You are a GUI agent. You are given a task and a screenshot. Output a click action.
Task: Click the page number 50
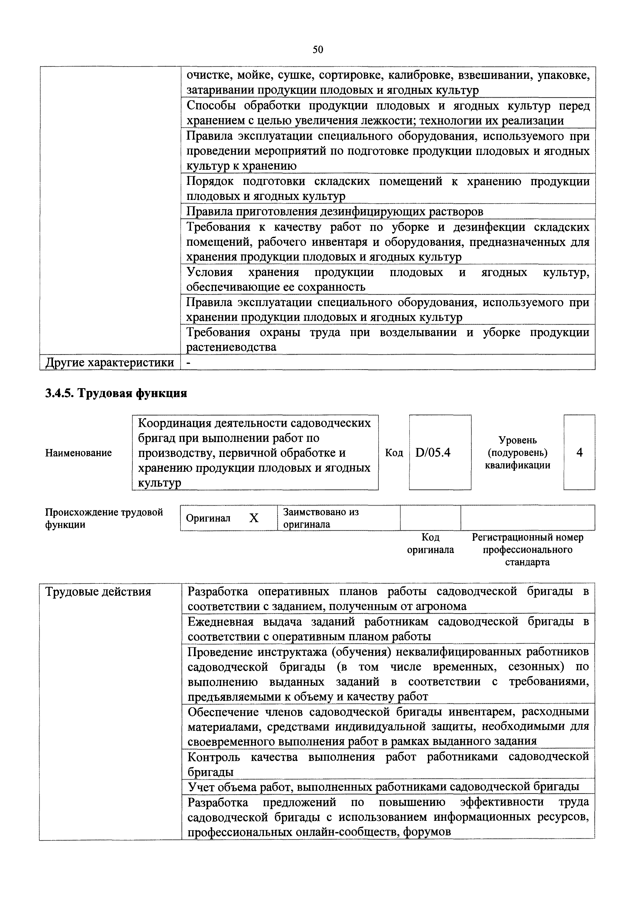tap(317, 49)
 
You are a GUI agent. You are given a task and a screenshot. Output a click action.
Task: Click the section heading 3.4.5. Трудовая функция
tap(116, 393)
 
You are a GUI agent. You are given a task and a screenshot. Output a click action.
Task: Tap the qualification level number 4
tap(579, 452)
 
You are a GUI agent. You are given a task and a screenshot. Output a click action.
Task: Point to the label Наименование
tap(79, 453)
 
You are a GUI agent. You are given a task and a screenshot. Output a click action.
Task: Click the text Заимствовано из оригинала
tap(321, 518)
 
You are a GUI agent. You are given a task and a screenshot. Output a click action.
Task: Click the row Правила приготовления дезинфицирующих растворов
tap(335, 212)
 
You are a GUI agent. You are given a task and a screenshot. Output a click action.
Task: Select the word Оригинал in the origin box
tap(208, 518)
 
